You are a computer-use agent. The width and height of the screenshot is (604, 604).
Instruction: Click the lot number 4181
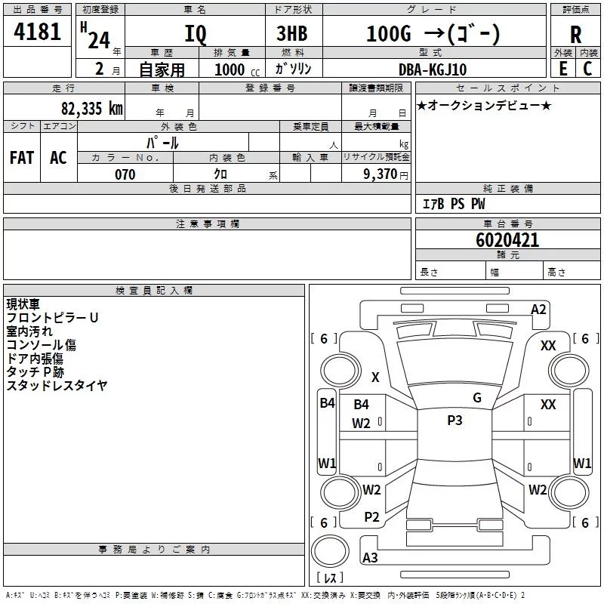click(37, 32)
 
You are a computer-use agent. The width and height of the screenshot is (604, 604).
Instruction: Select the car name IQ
click(195, 34)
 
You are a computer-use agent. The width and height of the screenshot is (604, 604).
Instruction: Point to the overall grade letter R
click(576, 35)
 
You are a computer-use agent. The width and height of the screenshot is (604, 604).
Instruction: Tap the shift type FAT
click(21, 158)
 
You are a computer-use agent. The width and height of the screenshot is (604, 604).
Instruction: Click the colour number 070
click(125, 174)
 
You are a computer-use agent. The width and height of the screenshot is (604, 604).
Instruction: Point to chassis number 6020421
click(507, 241)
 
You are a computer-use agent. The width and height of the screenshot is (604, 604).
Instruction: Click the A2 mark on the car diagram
click(538, 310)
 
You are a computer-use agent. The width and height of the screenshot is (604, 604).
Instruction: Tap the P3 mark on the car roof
click(455, 421)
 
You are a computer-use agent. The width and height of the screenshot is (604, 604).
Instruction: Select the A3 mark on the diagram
click(370, 558)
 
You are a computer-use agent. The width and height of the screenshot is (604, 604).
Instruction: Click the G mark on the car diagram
click(477, 398)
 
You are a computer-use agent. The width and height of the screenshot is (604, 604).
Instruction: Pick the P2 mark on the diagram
click(371, 517)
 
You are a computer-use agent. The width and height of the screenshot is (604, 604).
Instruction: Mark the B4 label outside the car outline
click(326, 403)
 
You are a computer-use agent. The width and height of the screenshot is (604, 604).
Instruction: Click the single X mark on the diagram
click(375, 377)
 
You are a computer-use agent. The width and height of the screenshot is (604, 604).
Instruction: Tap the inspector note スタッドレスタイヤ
click(57, 386)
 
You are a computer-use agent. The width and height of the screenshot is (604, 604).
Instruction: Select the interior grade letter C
click(587, 69)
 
